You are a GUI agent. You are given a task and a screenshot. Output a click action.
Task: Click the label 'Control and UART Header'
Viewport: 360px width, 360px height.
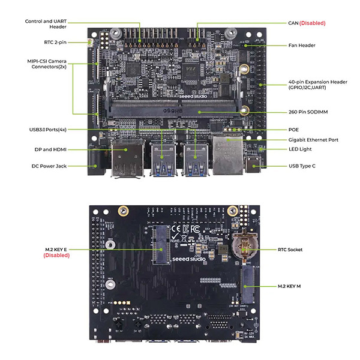[x=46, y=24]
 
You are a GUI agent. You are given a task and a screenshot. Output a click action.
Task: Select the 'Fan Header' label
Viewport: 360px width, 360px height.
[x=302, y=46]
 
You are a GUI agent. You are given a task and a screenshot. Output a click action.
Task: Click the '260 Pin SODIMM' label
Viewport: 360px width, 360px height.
[x=309, y=112]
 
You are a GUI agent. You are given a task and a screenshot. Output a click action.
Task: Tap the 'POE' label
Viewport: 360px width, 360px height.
[x=293, y=130]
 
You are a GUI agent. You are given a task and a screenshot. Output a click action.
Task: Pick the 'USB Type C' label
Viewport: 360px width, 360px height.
[x=302, y=166]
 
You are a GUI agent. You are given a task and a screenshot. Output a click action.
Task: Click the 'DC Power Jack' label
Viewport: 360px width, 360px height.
[x=52, y=166]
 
